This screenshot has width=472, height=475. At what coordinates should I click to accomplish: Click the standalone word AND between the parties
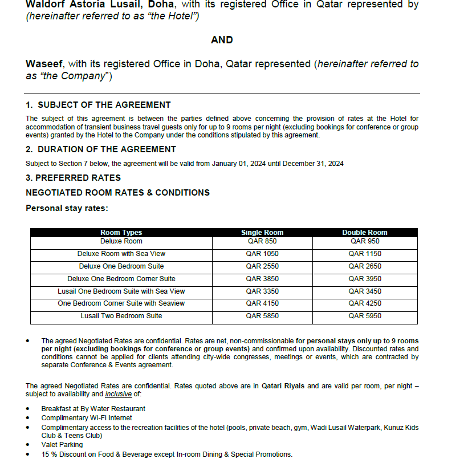tap(222, 40)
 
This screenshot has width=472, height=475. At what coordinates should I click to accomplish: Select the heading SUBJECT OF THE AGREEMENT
tap(104, 105)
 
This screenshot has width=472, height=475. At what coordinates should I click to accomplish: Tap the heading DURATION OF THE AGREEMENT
tap(107, 149)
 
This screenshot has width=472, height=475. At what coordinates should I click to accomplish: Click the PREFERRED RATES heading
tap(76, 178)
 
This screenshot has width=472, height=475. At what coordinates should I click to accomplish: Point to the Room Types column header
tap(121, 233)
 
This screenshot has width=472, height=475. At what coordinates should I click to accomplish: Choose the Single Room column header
tap(262, 233)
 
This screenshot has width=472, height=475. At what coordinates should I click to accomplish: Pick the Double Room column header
tap(365, 233)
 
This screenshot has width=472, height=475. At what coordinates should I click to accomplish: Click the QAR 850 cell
tap(262, 241)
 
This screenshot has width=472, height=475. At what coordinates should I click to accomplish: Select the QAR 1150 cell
tap(365, 254)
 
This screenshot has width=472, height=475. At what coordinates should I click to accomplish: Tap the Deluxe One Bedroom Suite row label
tap(121, 266)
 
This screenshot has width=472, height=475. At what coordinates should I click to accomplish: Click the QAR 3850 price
tap(262, 279)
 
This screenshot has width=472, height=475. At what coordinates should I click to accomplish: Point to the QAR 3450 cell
tap(365, 291)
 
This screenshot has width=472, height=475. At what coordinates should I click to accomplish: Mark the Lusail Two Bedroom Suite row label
tap(121, 316)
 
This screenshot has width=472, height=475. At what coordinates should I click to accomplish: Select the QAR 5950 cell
tap(365, 316)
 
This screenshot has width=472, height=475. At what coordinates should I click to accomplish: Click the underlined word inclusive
tap(118, 394)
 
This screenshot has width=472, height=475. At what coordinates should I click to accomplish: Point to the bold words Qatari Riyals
tap(283, 386)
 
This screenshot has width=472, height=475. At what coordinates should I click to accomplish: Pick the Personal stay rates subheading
tap(67, 208)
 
